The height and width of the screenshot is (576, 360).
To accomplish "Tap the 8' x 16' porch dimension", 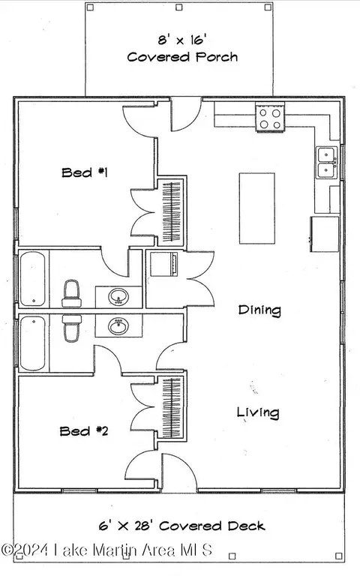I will [x=181, y=40].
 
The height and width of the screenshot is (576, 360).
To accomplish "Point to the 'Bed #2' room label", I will [x=85, y=430].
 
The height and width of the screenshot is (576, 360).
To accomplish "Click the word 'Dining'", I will [x=259, y=309].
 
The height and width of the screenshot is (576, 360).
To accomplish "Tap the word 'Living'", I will [x=258, y=412].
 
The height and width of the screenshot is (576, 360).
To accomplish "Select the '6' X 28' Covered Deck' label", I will [x=182, y=526].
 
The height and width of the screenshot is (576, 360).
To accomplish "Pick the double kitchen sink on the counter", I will [x=326, y=163].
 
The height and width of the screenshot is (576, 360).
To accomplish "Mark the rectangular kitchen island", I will [x=256, y=208].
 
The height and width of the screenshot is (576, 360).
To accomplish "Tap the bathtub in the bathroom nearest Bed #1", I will [x=33, y=279].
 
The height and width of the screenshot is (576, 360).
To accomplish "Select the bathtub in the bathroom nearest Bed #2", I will [x=33, y=343].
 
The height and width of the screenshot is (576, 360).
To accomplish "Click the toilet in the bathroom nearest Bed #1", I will [x=71, y=292].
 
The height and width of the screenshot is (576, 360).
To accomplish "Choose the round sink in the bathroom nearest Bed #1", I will [x=118, y=298].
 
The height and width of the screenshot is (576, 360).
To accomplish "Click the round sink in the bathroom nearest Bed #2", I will [x=118, y=326].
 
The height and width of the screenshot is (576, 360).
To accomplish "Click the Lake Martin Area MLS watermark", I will [x=106, y=550].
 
